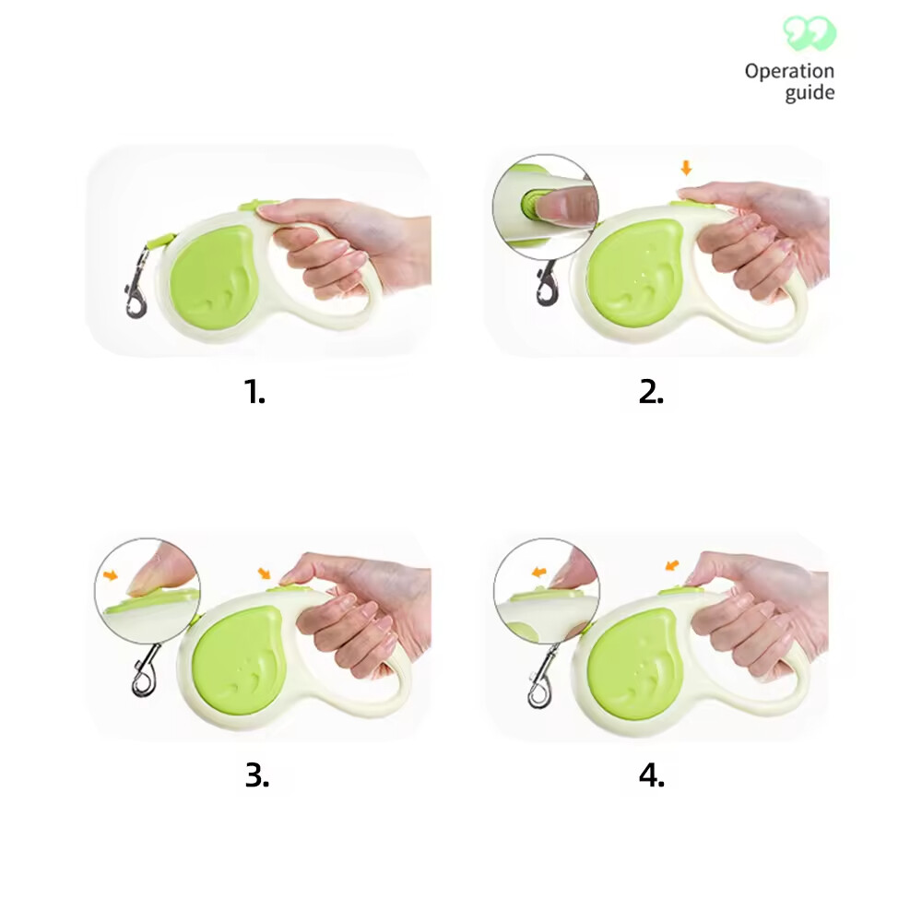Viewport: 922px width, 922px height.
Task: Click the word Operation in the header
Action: (x=789, y=72)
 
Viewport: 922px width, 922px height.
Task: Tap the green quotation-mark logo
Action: (x=810, y=34)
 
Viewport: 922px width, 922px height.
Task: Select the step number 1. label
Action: (x=255, y=392)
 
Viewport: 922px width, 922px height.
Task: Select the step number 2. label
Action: (x=651, y=392)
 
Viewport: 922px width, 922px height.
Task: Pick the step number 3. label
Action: (x=257, y=775)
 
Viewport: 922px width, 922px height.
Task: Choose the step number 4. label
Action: (x=651, y=775)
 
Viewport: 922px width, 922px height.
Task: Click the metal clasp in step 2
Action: (x=547, y=284)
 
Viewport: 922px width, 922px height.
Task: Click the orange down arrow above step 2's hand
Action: (x=685, y=168)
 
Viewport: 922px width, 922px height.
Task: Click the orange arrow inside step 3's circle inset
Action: (x=112, y=575)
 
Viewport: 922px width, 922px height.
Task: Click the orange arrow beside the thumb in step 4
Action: (x=671, y=563)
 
